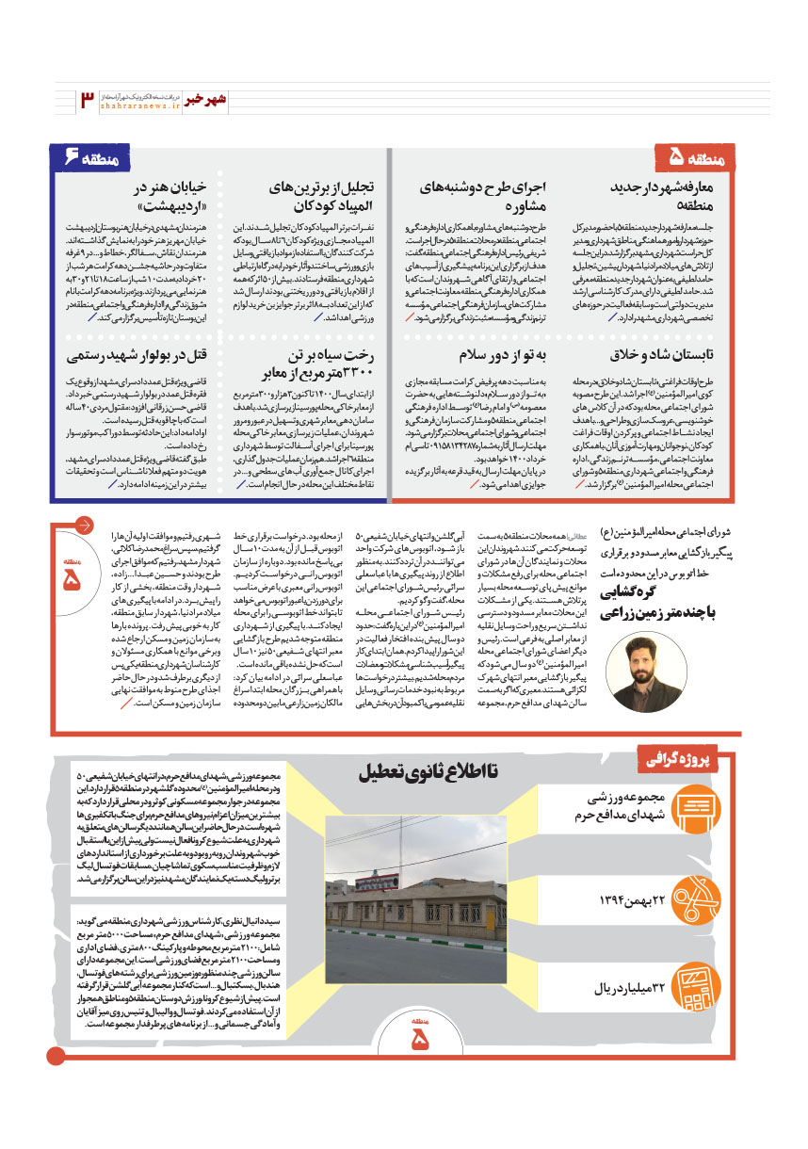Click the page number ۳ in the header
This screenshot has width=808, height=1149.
pos(87,100)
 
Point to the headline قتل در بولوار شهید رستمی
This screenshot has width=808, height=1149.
pos(137,354)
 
